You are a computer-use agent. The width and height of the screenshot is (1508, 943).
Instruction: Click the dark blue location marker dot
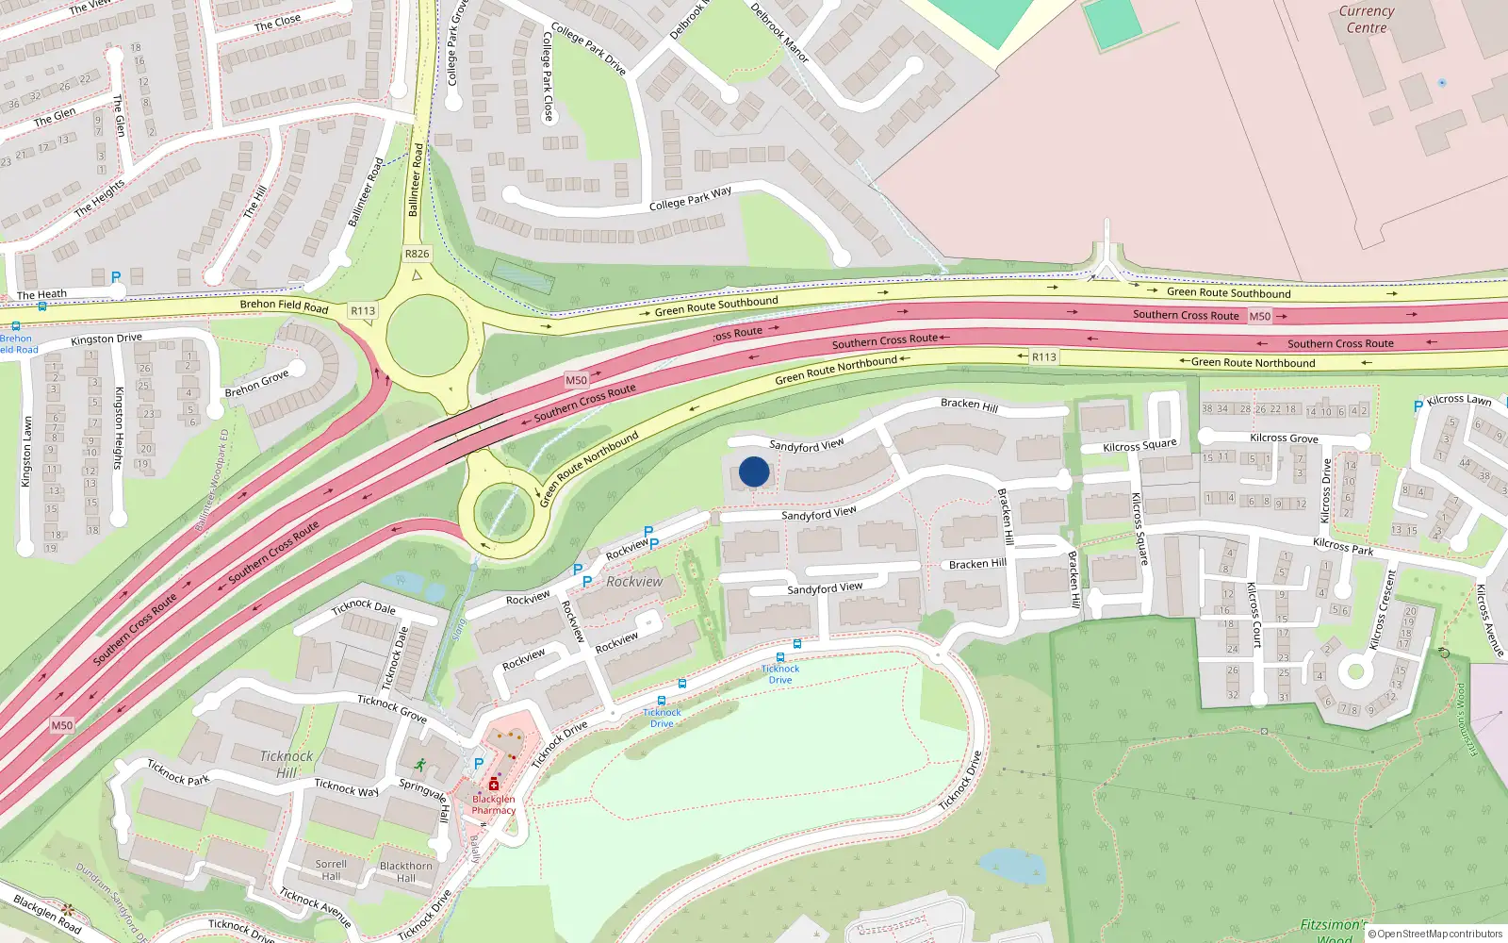[754, 471]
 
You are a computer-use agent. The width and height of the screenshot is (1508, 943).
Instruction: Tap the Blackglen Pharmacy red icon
[493, 785]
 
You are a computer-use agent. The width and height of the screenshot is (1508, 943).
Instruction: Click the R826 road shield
[417, 254]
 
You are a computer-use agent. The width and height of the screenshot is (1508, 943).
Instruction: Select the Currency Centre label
[1367, 20]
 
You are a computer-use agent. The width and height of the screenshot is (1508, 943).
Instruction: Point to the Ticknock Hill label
[287, 764]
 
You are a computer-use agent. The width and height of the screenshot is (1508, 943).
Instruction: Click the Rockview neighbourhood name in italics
[634, 582]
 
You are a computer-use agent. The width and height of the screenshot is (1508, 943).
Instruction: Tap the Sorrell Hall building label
[331, 869]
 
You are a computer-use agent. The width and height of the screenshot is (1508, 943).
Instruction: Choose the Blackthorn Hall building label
[406, 871]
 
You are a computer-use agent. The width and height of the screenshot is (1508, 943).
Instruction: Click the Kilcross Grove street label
[1284, 438]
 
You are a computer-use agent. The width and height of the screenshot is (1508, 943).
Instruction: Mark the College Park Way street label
[690, 198]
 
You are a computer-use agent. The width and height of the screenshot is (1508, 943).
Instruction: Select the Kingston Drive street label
[107, 339]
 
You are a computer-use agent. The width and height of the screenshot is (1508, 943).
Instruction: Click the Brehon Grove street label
[256, 384]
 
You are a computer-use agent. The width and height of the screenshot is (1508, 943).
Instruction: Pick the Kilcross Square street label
[1139, 445]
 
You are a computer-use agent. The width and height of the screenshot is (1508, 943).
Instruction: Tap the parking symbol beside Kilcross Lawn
[1418, 406]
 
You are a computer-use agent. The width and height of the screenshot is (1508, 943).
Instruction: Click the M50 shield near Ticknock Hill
[62, 725]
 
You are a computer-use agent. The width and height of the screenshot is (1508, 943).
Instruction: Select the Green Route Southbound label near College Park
[716, 306]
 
